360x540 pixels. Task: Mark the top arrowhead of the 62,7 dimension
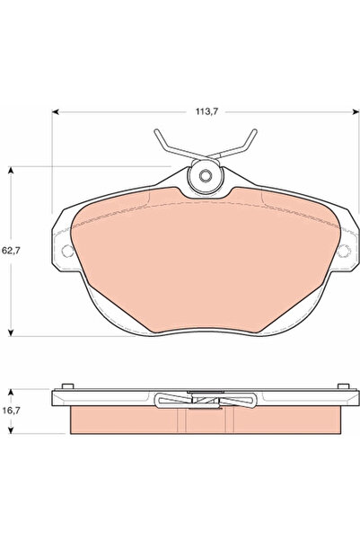pyautogui.click(x=11, y=170)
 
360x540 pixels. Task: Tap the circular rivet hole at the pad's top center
pyautogui.click(x=205, y=176)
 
